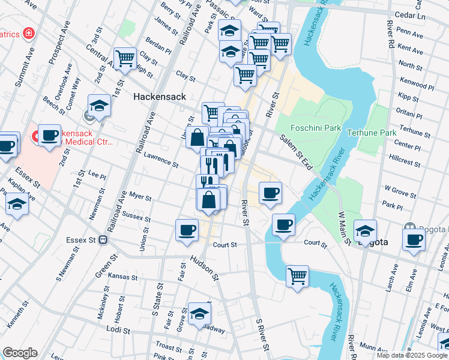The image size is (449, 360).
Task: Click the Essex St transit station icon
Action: pyautogui.click(x=103, y=240)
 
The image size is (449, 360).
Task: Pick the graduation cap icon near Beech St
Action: pyautogui.click(x=100, y=106)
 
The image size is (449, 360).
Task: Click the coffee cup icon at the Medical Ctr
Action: pyautogui.click(x=50, y=136)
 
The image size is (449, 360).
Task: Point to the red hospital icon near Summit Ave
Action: pyautogui.click(x=28, y=32)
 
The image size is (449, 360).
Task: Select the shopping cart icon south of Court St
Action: pyautogui.click(x=297, y=277)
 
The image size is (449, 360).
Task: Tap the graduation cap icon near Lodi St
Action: pyautogui.click(x=199, y=313)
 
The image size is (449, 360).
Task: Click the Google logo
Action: pyautogui.click(x=20, y=353)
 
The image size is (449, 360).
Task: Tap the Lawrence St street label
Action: pyautogui.click(x=161, y=160)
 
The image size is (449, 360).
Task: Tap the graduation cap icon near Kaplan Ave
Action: pyautogui.click(x=17, y=205)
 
